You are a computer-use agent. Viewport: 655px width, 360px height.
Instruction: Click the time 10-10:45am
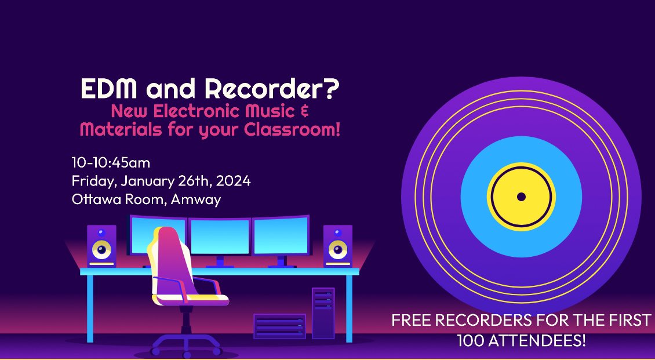click(111, 163)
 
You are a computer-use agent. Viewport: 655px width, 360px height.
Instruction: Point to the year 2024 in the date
click(234, 181)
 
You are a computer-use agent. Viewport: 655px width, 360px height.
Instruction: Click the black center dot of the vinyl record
click(521, 197)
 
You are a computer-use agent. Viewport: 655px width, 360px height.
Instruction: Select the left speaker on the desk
click(101, 246)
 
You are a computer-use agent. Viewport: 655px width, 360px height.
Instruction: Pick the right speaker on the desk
click(338, 246)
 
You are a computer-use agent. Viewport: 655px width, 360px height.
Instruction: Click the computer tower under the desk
click(323, 312)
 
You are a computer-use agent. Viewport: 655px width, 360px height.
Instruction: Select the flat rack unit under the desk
click(279, 326)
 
